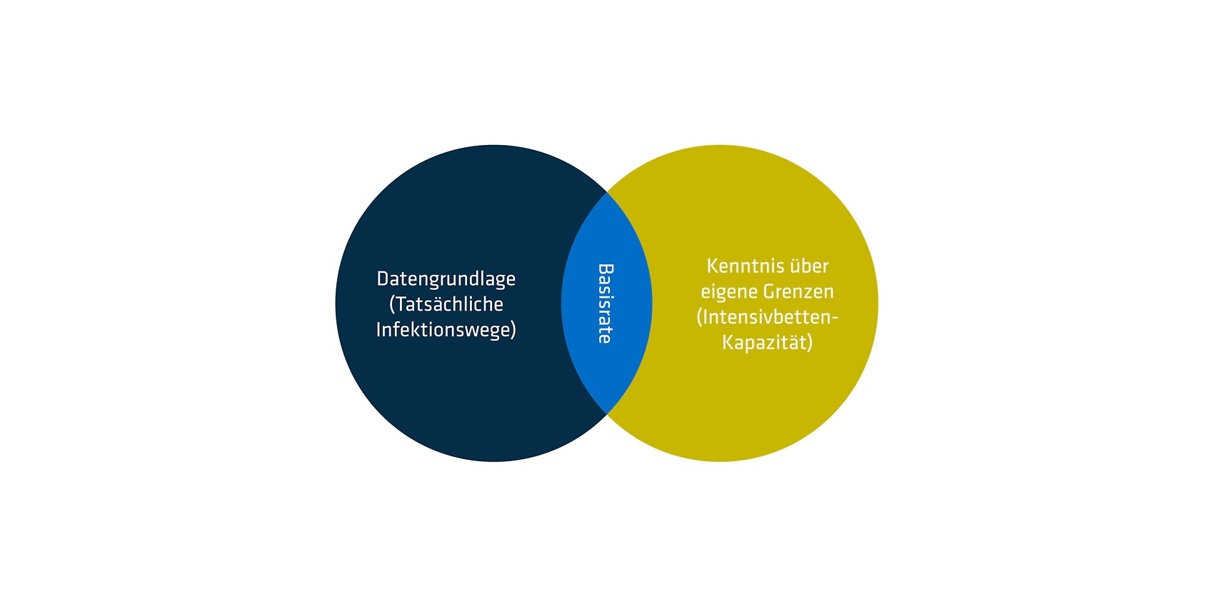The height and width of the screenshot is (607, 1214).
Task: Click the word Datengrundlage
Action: [x=446, y=280]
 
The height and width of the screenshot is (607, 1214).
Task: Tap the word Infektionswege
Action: [x=443, y=329]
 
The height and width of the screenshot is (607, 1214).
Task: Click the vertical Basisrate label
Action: [x=606, y=303]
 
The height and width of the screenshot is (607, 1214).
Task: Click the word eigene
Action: [x=730, y=292]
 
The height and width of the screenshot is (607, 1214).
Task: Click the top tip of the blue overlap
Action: [x=607, y=192]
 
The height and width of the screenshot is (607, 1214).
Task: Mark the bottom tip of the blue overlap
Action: [x=607, y=414]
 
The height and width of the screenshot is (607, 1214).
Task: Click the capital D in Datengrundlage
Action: [x=383, y=279]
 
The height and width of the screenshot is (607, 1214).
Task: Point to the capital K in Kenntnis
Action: [x=713, y=266]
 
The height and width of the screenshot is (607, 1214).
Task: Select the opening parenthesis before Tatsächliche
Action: [x=392, y=305]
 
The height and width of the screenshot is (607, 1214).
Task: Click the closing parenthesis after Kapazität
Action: [x=810, y=343]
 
